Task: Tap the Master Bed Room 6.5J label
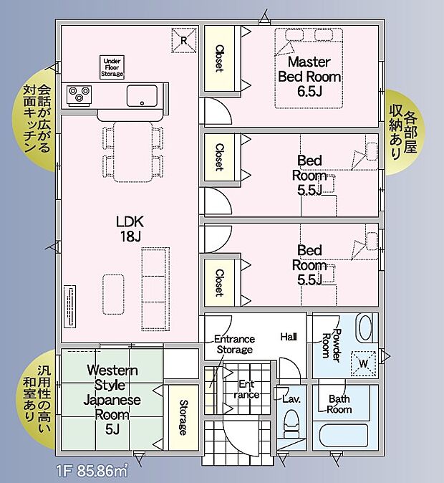(309, 76)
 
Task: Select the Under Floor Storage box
(113, 67)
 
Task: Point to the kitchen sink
(142, 95)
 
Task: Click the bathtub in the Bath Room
(344, 435)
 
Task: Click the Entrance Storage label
(234, 344)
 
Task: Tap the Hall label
(289, 336)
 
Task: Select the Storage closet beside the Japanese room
(183, 418)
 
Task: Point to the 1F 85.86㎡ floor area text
(92, 472)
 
